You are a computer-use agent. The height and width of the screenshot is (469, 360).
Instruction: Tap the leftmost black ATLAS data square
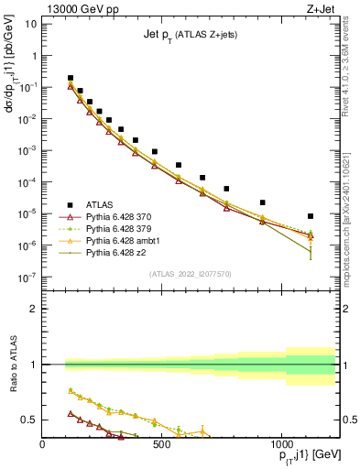coord(71,79)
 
